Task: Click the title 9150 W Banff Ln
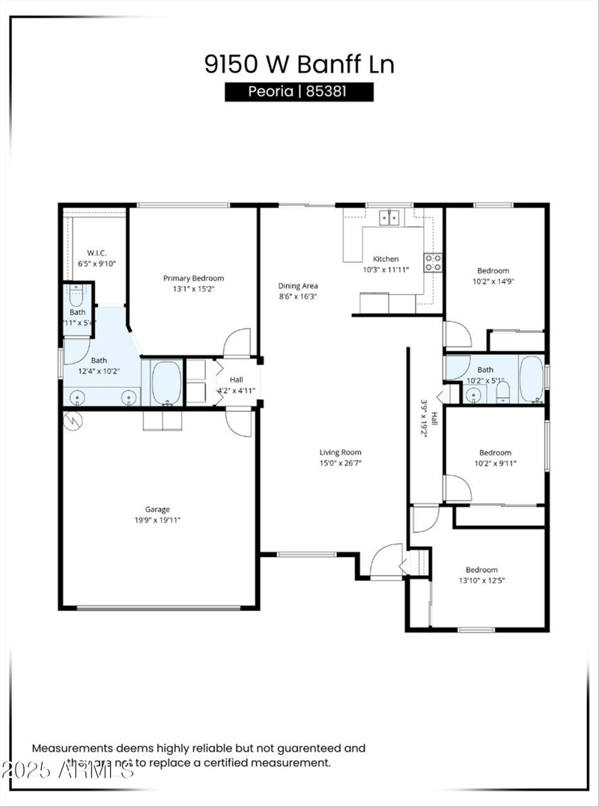click(x=299, y=64)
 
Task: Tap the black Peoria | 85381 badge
click(x=299, y=92)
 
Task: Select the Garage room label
click(x=157, y=510)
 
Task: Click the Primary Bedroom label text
click(x=193, y=278)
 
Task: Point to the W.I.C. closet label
click(x=97, y=253)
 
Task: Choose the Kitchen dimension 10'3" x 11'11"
click(x=386, y=270)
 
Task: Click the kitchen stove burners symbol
click(x=433, y=262)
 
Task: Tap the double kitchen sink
click(x=389, y=218)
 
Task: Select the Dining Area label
click(x=299, y=286)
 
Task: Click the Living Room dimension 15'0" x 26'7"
click(x=341, y=462)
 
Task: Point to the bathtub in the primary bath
click(x=165, y=383)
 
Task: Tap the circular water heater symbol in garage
click(x=74, y=421)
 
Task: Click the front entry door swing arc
click(x=386, y=558)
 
